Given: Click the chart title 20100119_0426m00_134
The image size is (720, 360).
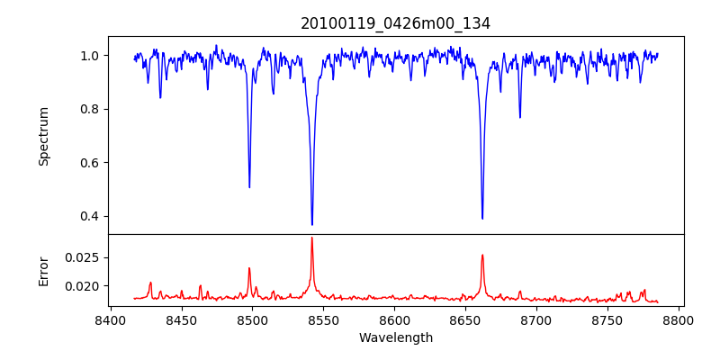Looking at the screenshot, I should [x=395, y=23].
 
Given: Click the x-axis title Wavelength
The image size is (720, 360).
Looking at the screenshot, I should [x=395, y=338].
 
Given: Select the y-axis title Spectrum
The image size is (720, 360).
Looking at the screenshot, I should [x=44, y=136].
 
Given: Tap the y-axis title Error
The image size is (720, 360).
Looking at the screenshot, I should [x=44, y=270].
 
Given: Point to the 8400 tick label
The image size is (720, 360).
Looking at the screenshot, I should [x=110, y=319].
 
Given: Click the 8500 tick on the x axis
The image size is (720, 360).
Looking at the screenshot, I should [x=252, y=319].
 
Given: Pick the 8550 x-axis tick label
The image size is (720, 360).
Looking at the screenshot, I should [x=323, y=319].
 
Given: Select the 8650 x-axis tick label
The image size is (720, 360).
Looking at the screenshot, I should [x=465, y=319].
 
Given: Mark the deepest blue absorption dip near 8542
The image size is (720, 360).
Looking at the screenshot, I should [x=312, y=224].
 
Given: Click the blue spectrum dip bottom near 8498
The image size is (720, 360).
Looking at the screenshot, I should [x=249, y=186].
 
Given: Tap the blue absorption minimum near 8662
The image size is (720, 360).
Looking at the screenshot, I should [x=482, y=218].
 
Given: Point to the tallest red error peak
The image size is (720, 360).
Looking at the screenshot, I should [x=312, y=238].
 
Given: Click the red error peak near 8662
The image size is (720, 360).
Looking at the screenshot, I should [x=482, y=256].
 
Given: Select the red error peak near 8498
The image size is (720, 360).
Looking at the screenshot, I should [x=249, y=268].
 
